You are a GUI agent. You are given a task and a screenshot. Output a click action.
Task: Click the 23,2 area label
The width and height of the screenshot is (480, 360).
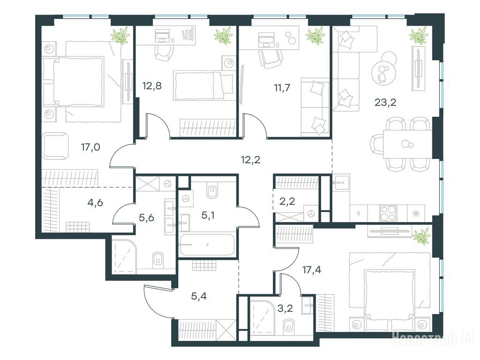point(385,102)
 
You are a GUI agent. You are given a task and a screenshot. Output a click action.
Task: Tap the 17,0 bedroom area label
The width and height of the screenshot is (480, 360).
point(90,147)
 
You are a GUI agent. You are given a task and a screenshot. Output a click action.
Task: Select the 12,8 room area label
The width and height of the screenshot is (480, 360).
point(152,86)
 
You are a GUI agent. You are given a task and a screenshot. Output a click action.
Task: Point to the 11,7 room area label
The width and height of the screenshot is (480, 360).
point(282,88)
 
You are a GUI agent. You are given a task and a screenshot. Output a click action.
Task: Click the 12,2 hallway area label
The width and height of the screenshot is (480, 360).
point(250,159)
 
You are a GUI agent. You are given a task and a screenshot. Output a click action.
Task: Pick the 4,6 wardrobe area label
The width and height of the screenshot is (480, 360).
point(95,202)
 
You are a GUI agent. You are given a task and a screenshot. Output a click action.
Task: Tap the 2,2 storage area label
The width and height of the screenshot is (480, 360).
point(287,202)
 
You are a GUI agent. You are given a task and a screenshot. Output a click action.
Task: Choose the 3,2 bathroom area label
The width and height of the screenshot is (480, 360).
point(285,308)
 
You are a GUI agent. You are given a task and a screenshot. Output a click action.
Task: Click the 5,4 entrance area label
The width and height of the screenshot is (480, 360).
point(198,296)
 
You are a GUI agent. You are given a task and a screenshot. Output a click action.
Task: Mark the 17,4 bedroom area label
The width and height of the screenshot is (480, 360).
point(312,270)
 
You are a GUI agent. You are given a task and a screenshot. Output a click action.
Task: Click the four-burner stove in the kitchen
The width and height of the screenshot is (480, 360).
point(388,213)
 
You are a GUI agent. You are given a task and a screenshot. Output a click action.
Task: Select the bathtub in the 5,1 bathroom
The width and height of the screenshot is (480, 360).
point(207,245)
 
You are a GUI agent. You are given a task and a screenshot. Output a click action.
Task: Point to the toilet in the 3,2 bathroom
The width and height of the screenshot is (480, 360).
point(288,326)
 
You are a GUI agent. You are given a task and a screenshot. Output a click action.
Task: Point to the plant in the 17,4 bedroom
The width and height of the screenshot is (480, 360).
point(421,236)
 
